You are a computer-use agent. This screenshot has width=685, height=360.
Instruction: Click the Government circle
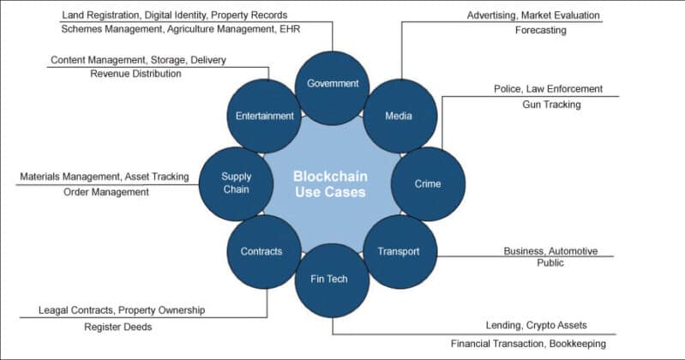332,84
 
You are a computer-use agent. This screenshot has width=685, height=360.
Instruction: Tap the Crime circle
428,183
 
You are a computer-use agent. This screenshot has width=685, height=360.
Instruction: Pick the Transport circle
399,251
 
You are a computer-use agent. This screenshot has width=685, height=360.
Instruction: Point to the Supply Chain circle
236,183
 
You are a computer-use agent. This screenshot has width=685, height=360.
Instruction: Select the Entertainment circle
265,116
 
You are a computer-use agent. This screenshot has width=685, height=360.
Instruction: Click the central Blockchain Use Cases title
330,183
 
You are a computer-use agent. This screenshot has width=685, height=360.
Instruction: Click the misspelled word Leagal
56,309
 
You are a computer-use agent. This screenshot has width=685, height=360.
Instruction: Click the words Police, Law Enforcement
549,88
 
